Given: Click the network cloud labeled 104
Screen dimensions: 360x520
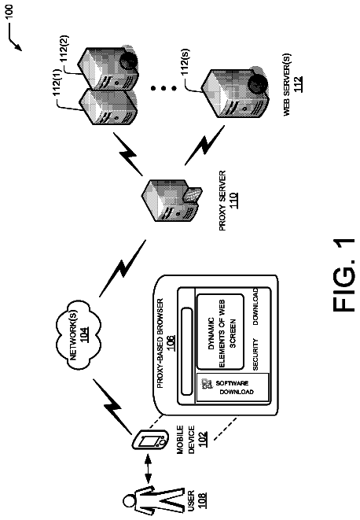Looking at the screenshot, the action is coord(79,335).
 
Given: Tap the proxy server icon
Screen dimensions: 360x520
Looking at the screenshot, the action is coord(171,201).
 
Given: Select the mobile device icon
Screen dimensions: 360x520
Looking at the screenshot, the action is coord(149,440).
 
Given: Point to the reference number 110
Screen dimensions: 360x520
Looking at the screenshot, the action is coord(233,201).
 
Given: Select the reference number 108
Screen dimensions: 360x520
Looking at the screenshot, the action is coord(201,501).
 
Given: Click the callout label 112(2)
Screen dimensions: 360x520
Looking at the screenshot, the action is coord(64,48).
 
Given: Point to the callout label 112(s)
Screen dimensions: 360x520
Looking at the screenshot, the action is coord(186,61).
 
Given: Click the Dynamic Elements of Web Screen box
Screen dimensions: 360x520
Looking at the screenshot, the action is coord(221,332).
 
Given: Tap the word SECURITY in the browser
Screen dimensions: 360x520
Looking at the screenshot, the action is coord(255,354).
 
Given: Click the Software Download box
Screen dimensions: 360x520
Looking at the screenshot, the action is coord(233,388).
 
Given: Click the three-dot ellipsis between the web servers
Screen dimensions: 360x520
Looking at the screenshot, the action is coord(163,88).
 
